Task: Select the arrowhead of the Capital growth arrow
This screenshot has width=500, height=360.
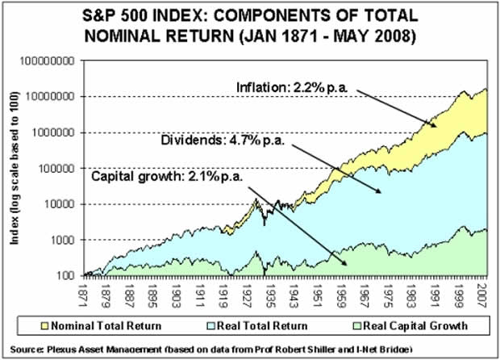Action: coord(348,265)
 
